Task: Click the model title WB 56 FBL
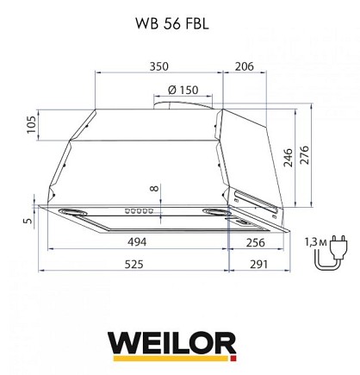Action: click(172, 24)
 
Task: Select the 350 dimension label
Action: click(158, 66)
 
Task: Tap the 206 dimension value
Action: click(245, 66)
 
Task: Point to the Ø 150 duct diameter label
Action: click(183, 90)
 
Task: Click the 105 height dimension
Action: click(31, 124)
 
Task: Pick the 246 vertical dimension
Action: click(288, 158)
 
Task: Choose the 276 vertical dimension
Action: click(304, 155)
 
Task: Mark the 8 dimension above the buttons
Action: click(154, 189)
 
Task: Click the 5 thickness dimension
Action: click(28, 221)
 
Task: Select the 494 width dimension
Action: click(137, 242)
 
